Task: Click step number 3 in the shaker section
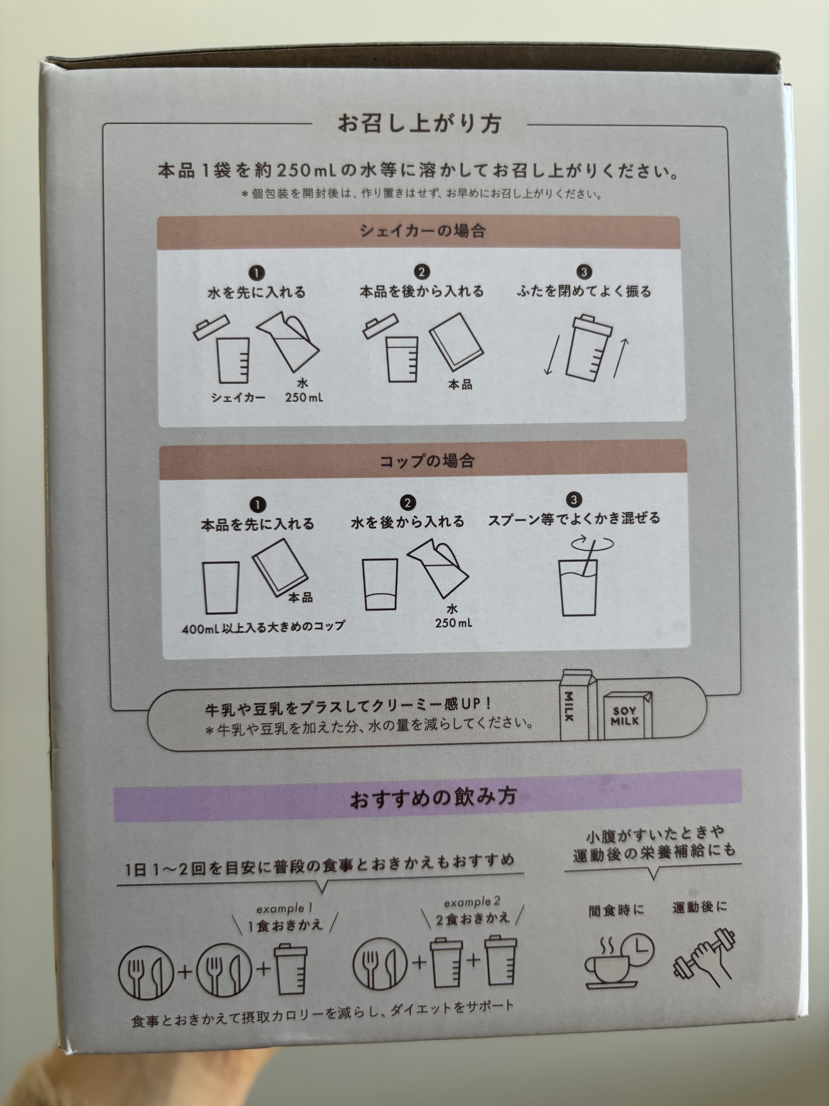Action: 584,272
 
